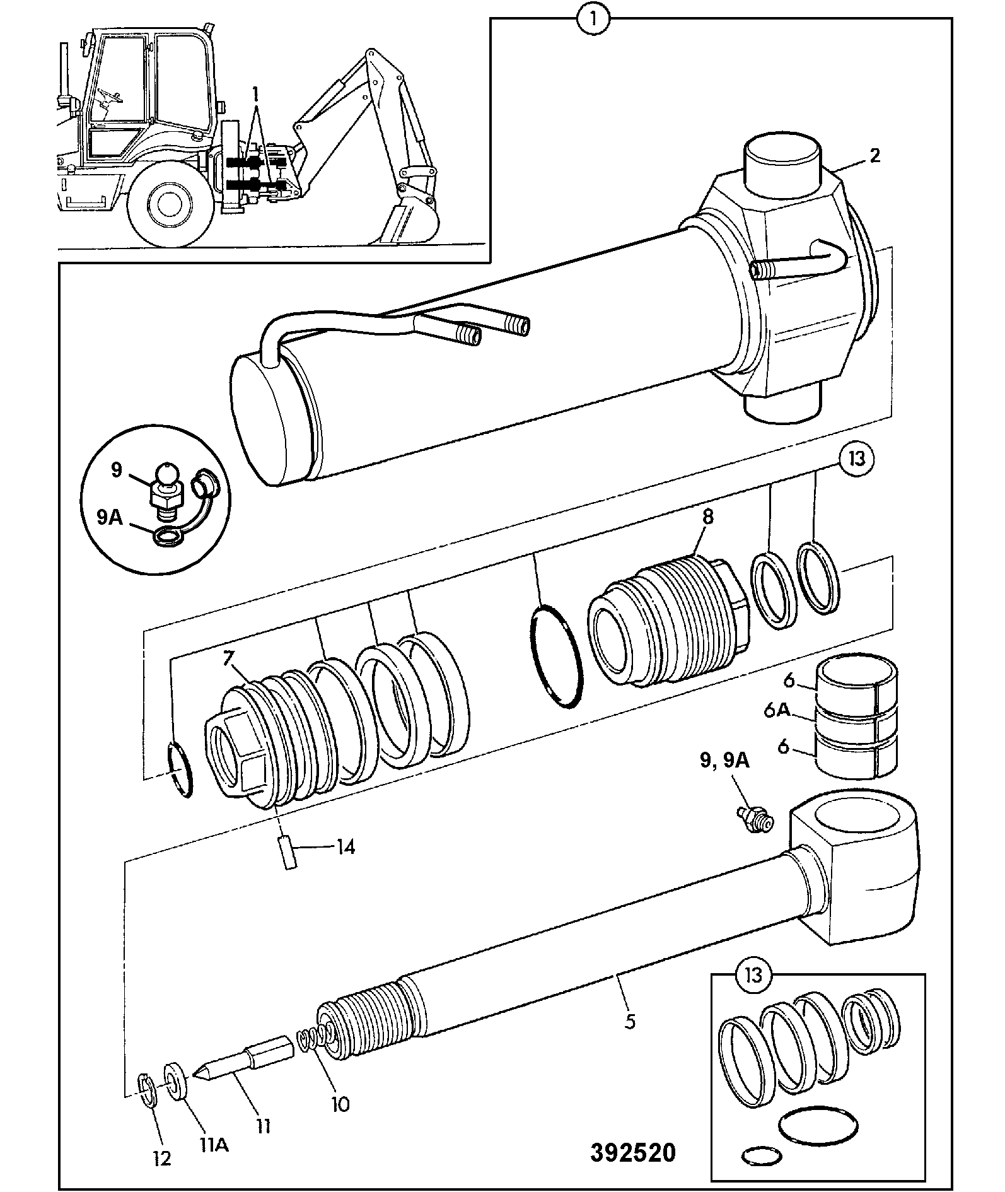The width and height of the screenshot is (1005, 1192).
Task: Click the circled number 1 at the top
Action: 595,18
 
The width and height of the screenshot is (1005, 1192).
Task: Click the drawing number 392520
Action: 632,1152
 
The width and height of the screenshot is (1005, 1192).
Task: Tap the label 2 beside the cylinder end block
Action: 874,155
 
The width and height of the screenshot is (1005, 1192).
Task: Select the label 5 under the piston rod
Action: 629,1021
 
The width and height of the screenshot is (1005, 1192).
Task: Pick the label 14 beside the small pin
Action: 345,847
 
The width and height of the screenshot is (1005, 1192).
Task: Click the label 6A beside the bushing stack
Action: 777,710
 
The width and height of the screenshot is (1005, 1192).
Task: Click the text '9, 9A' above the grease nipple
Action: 724,761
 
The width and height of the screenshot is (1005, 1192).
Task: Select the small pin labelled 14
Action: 289,851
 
